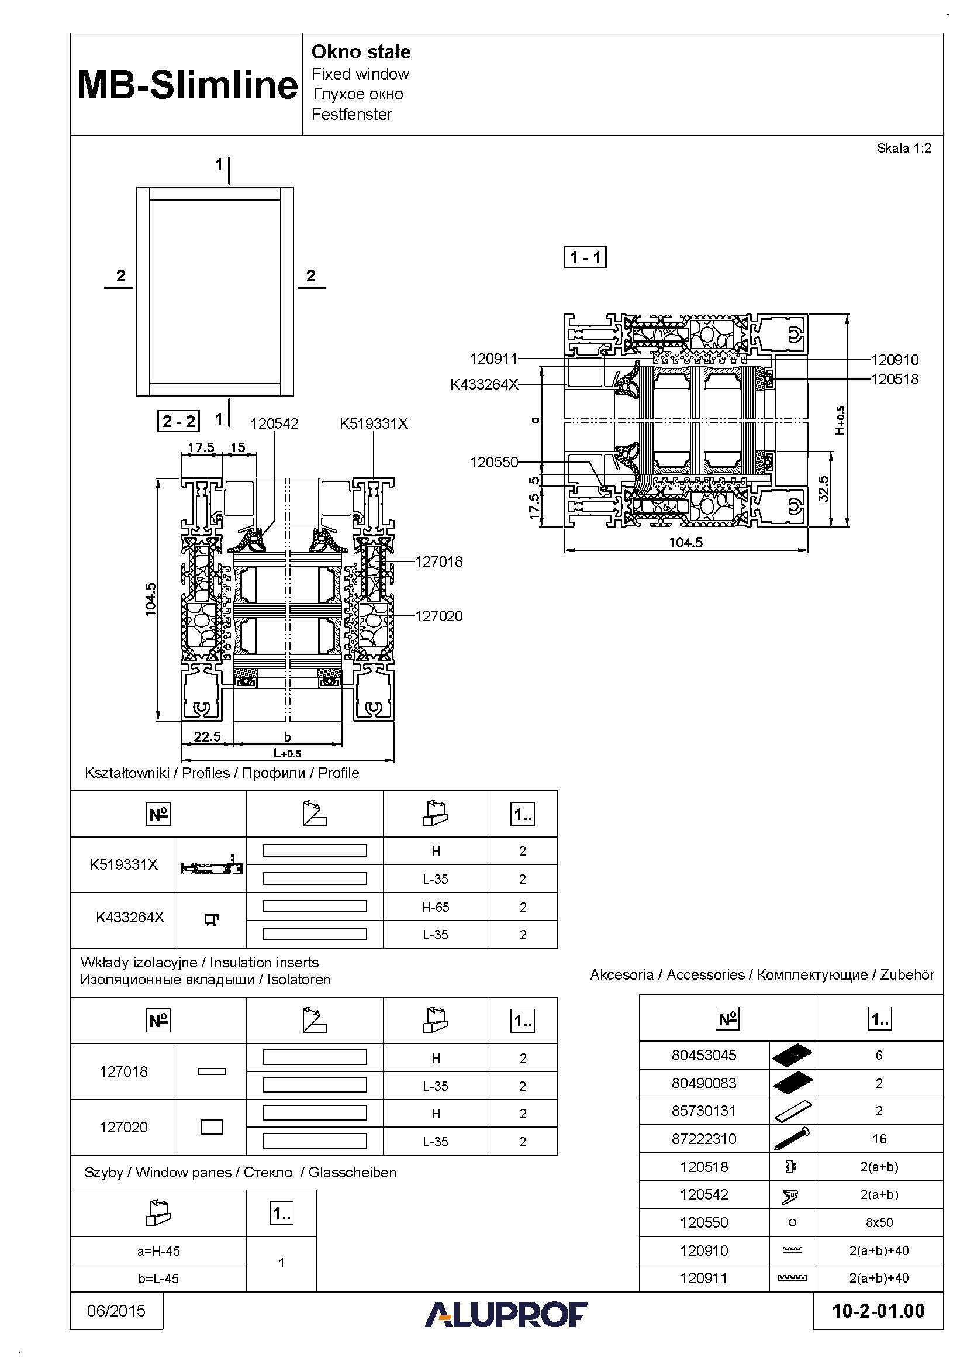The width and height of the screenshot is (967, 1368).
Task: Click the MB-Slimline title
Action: (x=187, y=85)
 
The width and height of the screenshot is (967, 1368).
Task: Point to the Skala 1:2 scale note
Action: (x=903, y=149)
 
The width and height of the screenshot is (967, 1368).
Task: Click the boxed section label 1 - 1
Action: (x=585, y=258)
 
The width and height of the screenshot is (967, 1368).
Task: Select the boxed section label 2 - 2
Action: (x=178, y=421)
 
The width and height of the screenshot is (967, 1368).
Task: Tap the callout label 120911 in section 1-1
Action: (x=493, y=359)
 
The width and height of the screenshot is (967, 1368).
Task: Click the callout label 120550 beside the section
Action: (x=493, y=462)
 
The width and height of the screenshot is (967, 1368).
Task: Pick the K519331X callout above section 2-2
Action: (x=374, y=423)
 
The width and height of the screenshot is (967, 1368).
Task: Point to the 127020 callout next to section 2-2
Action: (x=438, y=616)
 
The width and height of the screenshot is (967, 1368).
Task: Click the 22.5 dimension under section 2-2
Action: (x=206, y=736)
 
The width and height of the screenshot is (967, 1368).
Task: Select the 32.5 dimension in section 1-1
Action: (x=823, y=488)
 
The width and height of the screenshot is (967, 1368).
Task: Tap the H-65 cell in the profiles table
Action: (x=436, y=907)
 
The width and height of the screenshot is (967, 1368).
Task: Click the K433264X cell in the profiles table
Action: (x=130, y=917)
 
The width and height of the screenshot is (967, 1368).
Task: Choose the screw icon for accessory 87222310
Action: (x=792, y=1138)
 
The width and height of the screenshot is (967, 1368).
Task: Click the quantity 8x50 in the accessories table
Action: (x=879, y=1222)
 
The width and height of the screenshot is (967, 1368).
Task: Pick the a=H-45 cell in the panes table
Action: (x=158, y=1251)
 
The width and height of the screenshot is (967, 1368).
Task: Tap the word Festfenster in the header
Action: (x=351, y=115)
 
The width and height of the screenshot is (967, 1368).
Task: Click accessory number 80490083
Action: (x=704, y=1083)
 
